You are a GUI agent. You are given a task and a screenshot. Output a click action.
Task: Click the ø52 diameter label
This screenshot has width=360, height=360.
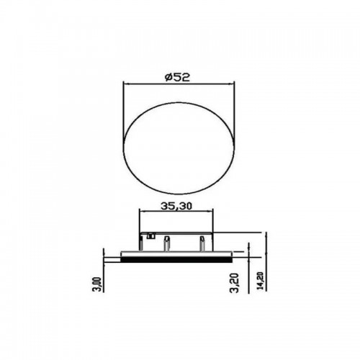point(177,77)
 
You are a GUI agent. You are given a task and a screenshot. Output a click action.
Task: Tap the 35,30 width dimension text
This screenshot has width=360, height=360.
point(176,206)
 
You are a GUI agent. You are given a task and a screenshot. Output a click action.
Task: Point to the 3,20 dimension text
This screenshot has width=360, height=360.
point(235,283)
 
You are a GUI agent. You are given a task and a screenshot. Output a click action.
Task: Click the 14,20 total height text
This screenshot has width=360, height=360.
point(261,281)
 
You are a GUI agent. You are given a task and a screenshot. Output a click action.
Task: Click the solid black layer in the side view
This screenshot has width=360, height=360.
point(176,259)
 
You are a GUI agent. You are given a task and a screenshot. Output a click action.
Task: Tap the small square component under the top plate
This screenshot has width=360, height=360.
point(150,236)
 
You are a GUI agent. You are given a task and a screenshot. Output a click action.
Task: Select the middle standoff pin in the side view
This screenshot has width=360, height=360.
point(167,243)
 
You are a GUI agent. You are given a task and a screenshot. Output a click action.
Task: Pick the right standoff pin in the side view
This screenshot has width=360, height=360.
point(202,243)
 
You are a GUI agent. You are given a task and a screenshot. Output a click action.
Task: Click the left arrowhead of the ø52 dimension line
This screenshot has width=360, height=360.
point(125,84)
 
